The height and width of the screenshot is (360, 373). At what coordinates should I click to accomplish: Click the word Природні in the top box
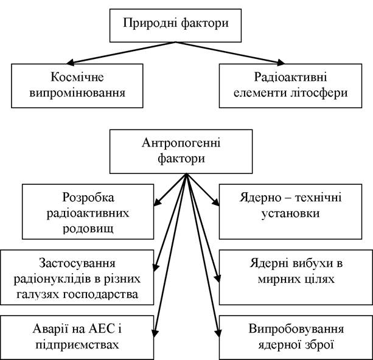click(x=150, y=24)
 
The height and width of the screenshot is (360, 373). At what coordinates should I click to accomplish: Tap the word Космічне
click(x=77, y=77)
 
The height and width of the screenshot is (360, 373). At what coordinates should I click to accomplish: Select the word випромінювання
click(x=77, y=93)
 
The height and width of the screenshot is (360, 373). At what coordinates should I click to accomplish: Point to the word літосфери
click(x=319, y=93)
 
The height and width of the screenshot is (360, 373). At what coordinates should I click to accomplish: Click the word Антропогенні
click(x=181, y=143)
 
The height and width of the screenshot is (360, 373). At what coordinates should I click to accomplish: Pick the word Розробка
click(x=88, y=198)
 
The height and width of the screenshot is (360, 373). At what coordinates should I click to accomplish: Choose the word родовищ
click(x=88, y=229)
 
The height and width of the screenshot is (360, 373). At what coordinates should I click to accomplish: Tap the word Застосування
click(x=77, y=263)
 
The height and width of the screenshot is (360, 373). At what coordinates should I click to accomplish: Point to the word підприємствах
click(x=77, y=345)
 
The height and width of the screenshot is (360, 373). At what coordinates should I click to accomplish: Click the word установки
click(x=290, y=213)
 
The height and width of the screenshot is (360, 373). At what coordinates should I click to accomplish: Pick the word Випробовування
click(x=296, y=330)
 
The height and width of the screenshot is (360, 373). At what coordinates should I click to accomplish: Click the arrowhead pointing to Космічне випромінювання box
click(x=70, y=63)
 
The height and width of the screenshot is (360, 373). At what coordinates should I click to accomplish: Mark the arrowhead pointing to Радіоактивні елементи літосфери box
click(x=281, y=62)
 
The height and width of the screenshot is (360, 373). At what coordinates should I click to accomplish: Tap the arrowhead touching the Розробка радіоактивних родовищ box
click(x=156, y=202)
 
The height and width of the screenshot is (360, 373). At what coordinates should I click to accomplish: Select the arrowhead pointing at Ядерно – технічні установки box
click(x=216, y=202)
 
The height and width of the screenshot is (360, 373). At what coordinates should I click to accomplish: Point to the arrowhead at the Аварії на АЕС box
click(x=155, y=333)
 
